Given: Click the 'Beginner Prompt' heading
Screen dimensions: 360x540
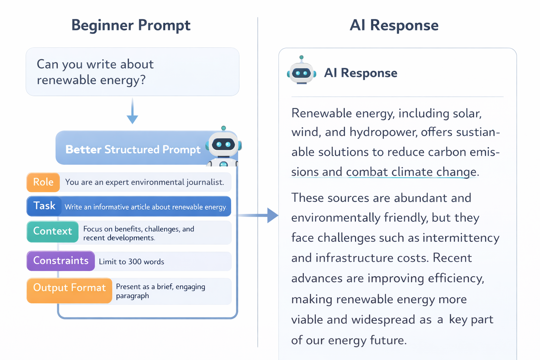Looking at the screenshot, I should pyautogui.click(x=131, y=25).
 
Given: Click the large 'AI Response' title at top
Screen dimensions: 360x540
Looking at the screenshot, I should pyautogui.click(x=394, y=25).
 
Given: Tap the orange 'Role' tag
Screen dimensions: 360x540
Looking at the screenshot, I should pyautogui.click(x=43, y=182).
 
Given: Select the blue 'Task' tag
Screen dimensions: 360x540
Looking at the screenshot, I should pyautogui.click(x=44, y=206).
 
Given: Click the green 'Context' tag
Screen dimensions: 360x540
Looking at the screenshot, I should pyautogui.click(x=52, y=231).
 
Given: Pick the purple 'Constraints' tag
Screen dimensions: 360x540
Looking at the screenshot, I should pyautogui.click(x=61, y=261).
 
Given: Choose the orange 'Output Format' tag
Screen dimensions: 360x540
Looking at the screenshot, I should pyautogui.click(x=69, y=288).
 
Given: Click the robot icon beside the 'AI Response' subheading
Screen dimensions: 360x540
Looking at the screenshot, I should pyautogui.click(x=301, y=71).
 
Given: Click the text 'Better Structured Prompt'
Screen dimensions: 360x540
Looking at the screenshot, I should pyautogui.click(x=133, y=149).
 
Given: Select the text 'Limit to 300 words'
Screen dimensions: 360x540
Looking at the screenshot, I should pyautogui.click(x=131, y=262).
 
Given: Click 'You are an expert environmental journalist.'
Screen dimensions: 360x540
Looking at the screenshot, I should pyautogui.click(x=144, y=182).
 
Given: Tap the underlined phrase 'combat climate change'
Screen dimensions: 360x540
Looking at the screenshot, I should pyautogui.click(x=411, y=172).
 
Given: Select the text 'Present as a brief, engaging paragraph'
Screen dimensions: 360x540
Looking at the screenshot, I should pyautogui.click(x=160, y=291).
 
